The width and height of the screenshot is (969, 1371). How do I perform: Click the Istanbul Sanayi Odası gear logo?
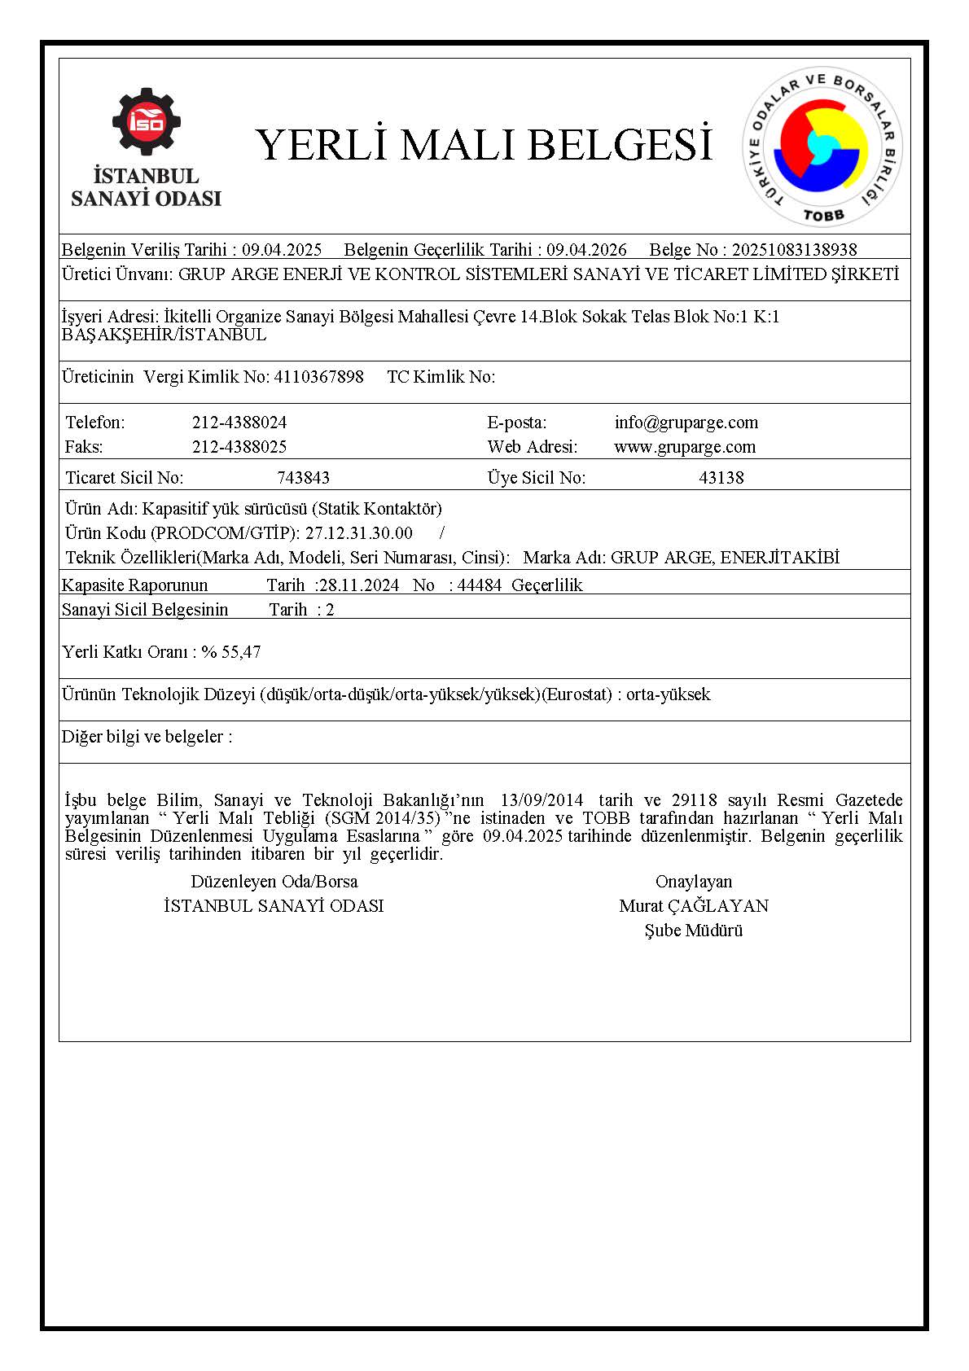click(147, 122)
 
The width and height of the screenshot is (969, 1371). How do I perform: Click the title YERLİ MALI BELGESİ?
click(484, 144)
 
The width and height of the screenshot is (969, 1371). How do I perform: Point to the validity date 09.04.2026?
click(586, 250)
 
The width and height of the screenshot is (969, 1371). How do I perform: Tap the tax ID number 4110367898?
click(319, 377)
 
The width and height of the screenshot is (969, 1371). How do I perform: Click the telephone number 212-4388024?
click(239, 423)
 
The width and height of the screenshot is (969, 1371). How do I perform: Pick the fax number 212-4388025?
click(239, 447)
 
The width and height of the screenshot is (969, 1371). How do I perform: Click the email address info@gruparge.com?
click(686, 423)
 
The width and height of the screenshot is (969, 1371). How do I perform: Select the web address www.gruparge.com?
click(684, 447)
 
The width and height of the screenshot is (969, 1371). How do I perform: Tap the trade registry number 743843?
click(303, 478)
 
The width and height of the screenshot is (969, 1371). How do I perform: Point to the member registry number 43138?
click(721, 478)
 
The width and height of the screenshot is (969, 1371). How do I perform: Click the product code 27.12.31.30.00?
click(359, 533)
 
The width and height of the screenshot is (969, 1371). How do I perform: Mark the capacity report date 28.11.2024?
click(359, 585)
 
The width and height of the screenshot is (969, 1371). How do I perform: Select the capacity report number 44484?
click(480, 585)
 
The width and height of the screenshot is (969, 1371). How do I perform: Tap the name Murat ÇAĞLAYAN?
click(694, 906)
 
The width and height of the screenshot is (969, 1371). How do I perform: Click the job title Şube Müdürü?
click(694, 931)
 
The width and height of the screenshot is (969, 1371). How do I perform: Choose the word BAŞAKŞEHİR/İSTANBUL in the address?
click(164, 335)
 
